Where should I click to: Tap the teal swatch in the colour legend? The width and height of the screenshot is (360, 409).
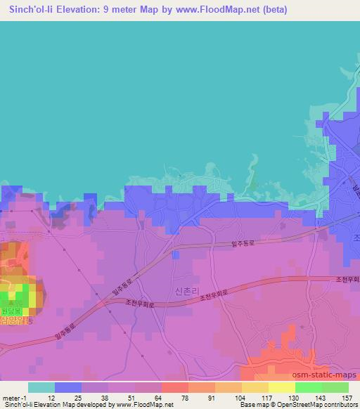pyautogui.click(x=41, y=387)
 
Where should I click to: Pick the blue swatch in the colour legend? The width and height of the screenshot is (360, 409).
pyautogui.click(x=68, y=387)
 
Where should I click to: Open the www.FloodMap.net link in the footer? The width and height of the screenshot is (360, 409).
pyautogui.click(x=143, y=405)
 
